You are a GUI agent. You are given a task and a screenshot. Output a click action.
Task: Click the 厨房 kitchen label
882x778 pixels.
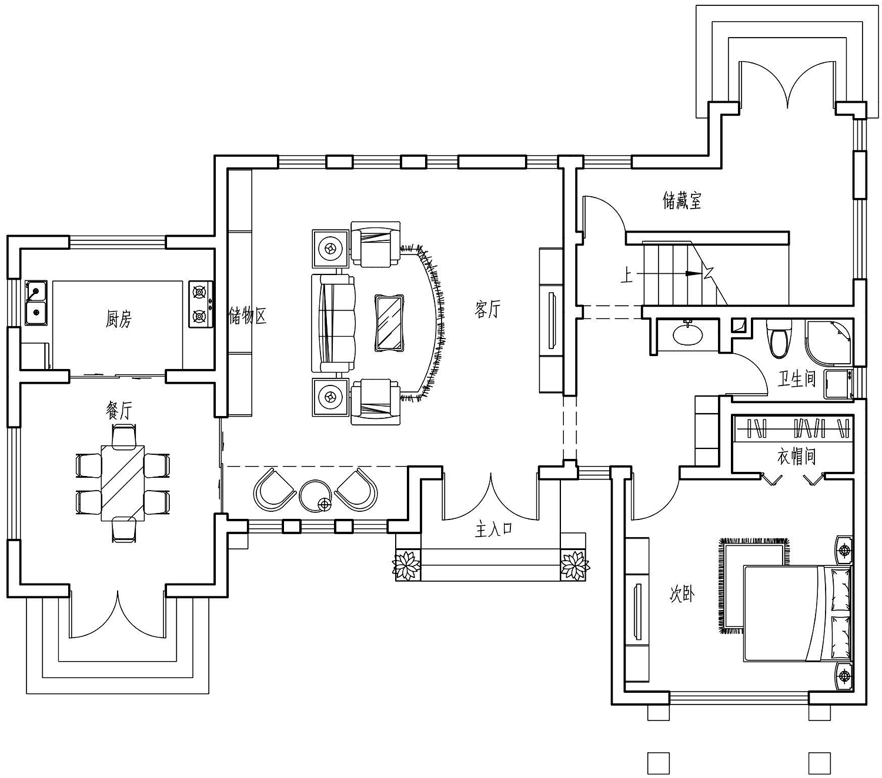(x=118, y=319)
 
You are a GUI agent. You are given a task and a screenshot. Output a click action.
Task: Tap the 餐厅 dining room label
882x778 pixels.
(x=119, y=410)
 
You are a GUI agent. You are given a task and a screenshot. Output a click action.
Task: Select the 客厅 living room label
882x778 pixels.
(x=487, y=309)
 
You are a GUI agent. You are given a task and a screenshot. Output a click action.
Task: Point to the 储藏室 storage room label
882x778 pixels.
(x=681, y=200)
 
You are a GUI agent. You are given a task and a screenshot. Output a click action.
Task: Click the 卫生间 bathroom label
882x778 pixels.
(x=797, y=378)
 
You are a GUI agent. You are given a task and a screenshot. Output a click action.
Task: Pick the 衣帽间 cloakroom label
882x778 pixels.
(x=796, y=457)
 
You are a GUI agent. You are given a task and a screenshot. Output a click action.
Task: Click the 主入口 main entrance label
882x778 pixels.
(x=493, y=529)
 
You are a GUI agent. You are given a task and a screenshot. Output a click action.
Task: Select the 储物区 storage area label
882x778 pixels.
(x=248, y=316)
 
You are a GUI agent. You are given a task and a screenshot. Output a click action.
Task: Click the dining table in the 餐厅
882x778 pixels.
(x=123, y=483)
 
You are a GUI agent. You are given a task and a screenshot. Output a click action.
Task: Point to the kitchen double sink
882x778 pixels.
(x=37, y=303)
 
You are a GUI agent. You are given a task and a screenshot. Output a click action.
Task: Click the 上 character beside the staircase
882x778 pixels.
(x=626, y=276)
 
